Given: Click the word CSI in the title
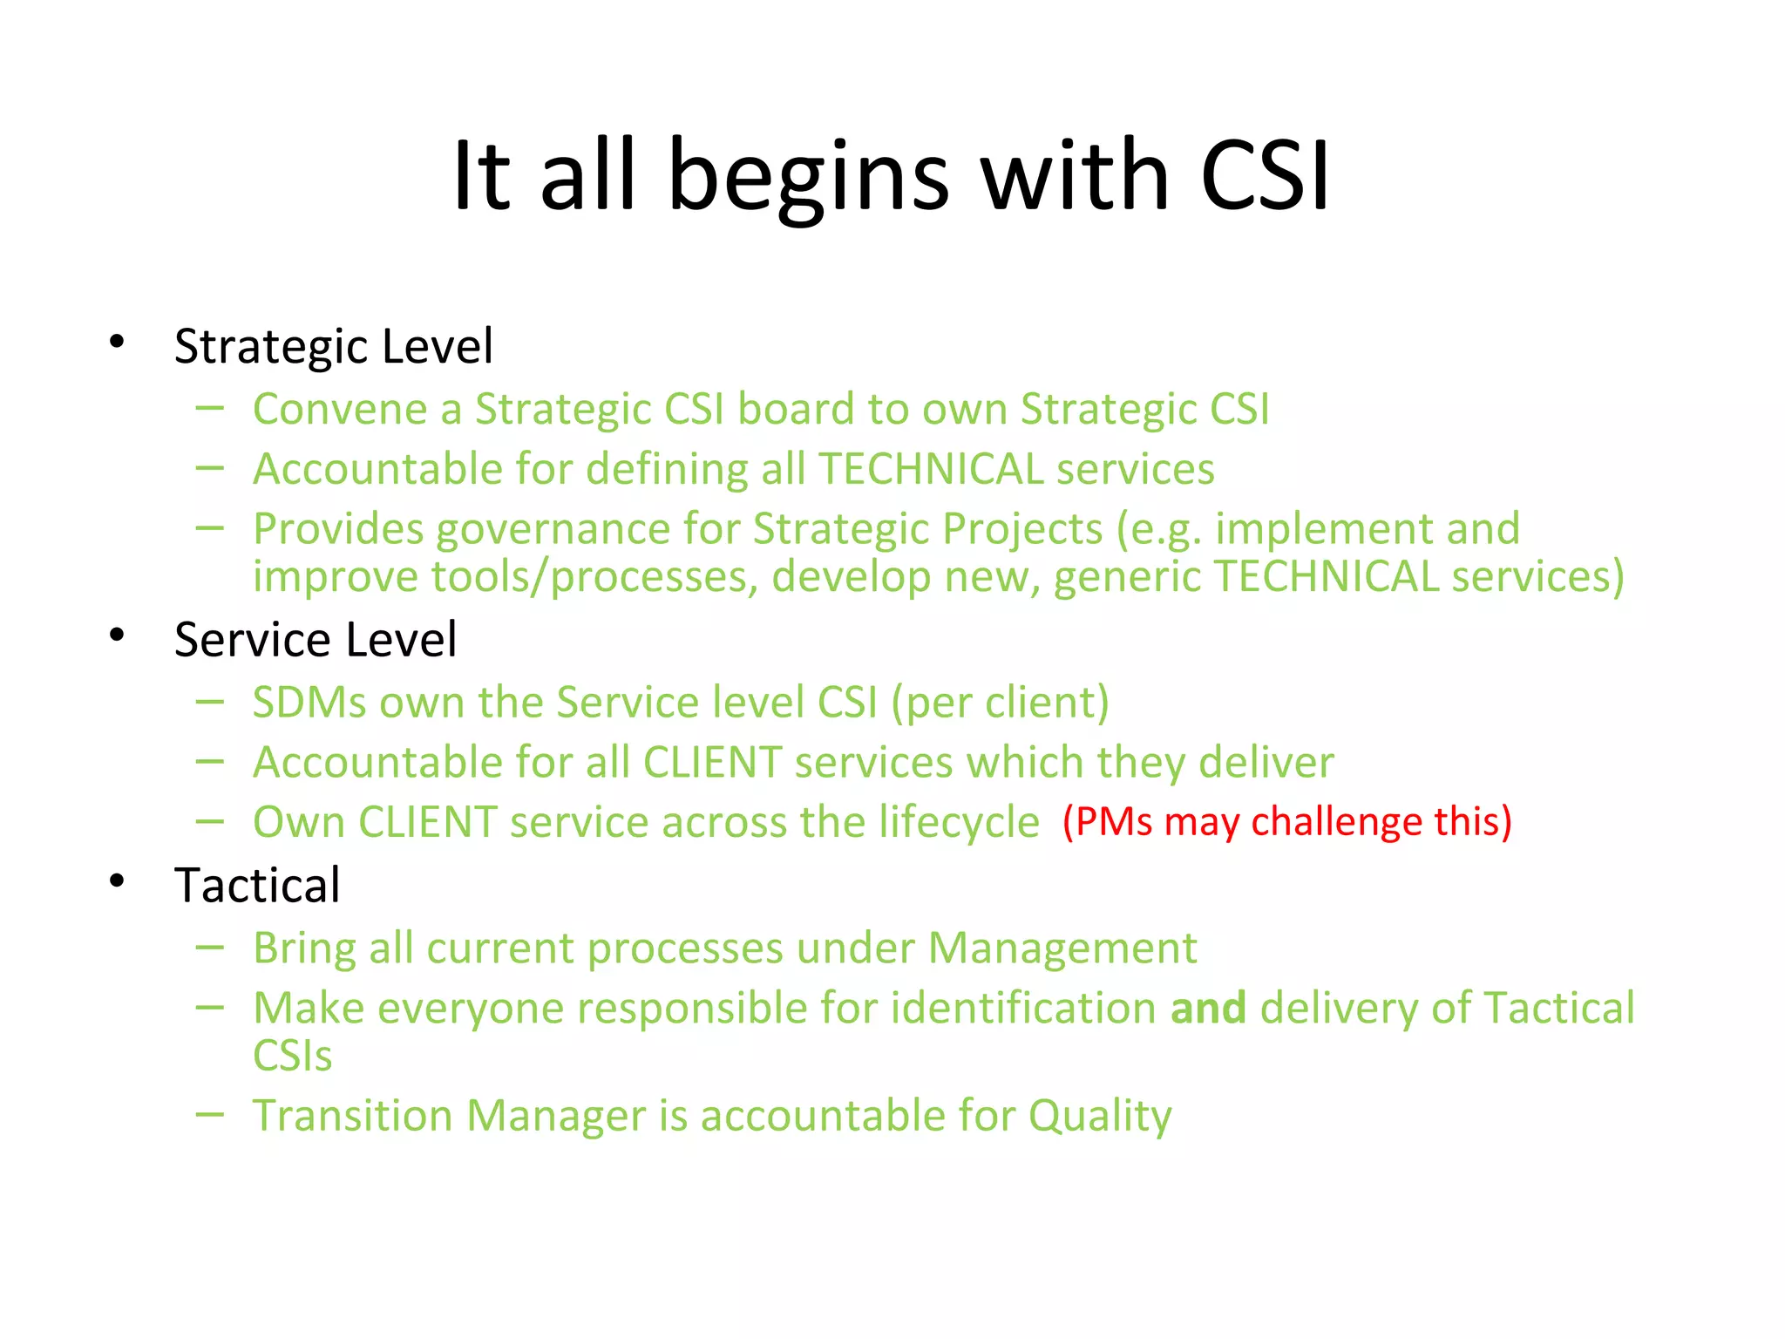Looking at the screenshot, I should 1264,177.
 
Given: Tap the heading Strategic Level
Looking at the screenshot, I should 333,347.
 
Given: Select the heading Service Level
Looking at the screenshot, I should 315,641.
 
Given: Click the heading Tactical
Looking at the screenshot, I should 257,887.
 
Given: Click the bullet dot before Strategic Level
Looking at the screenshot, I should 117,342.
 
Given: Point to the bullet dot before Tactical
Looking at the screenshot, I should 117,881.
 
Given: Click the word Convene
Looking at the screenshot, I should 344,410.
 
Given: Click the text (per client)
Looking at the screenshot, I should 1000,703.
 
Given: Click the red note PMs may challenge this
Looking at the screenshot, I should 1286,823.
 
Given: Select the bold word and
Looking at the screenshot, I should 1207,1009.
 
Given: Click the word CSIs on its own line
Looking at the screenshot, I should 292,1057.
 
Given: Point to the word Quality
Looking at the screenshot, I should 1099,1117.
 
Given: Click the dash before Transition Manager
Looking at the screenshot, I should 209,1114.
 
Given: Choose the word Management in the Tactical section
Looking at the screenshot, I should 1062,949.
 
